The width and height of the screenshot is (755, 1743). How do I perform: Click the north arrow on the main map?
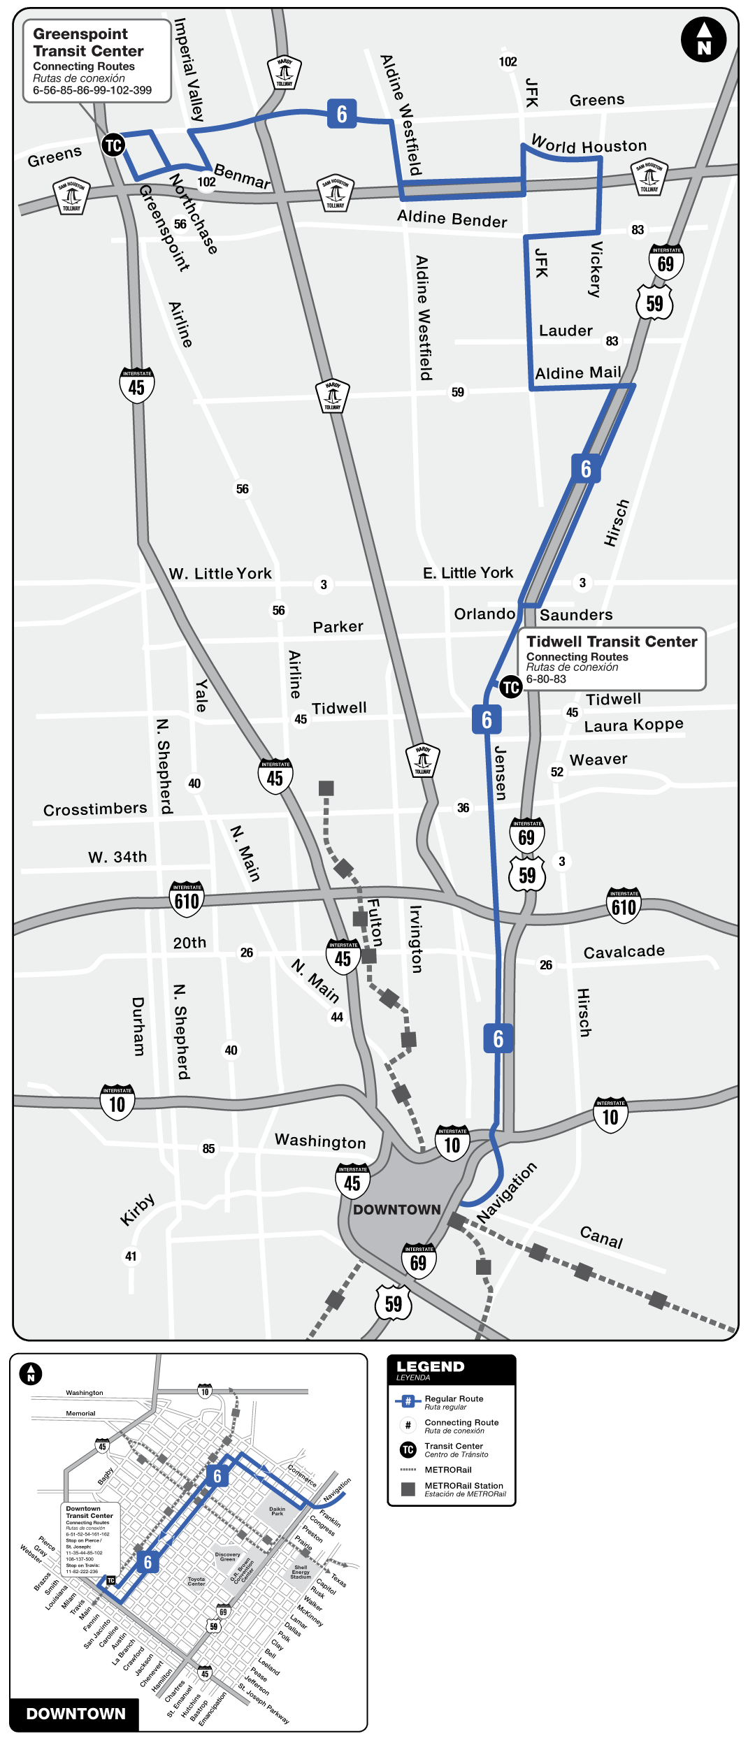pos(703,40)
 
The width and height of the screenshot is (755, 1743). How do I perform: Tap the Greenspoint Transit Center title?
pos(88,43)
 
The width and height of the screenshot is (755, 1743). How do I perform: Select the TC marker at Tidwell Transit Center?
pos(510,687)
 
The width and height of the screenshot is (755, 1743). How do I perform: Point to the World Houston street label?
pos(589,145)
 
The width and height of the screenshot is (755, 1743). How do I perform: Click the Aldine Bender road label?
pos(452,219)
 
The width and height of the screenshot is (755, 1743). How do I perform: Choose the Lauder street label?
pos(566,331)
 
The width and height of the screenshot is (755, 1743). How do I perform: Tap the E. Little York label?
pos(468,573)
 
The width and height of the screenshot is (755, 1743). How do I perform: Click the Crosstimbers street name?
pos(95,809)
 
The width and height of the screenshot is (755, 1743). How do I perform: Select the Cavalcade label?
pos(624,952)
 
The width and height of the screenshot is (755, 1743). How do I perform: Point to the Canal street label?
pos(601,1237)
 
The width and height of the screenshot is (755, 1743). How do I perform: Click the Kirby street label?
pos(137,1210)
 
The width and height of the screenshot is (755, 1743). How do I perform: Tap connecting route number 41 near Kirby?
pos(131,1256)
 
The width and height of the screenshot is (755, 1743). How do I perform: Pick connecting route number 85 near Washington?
pos(208,1148)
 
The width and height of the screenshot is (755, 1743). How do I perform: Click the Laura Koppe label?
pos(633,725)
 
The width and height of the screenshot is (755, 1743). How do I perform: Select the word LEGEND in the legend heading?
pos(430,1367)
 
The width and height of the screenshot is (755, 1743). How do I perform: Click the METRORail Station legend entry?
pos(463,1489)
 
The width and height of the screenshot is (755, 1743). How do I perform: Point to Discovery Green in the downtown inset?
pos(227,1556)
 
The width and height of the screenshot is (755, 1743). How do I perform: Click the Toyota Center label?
pos(196,1581)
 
